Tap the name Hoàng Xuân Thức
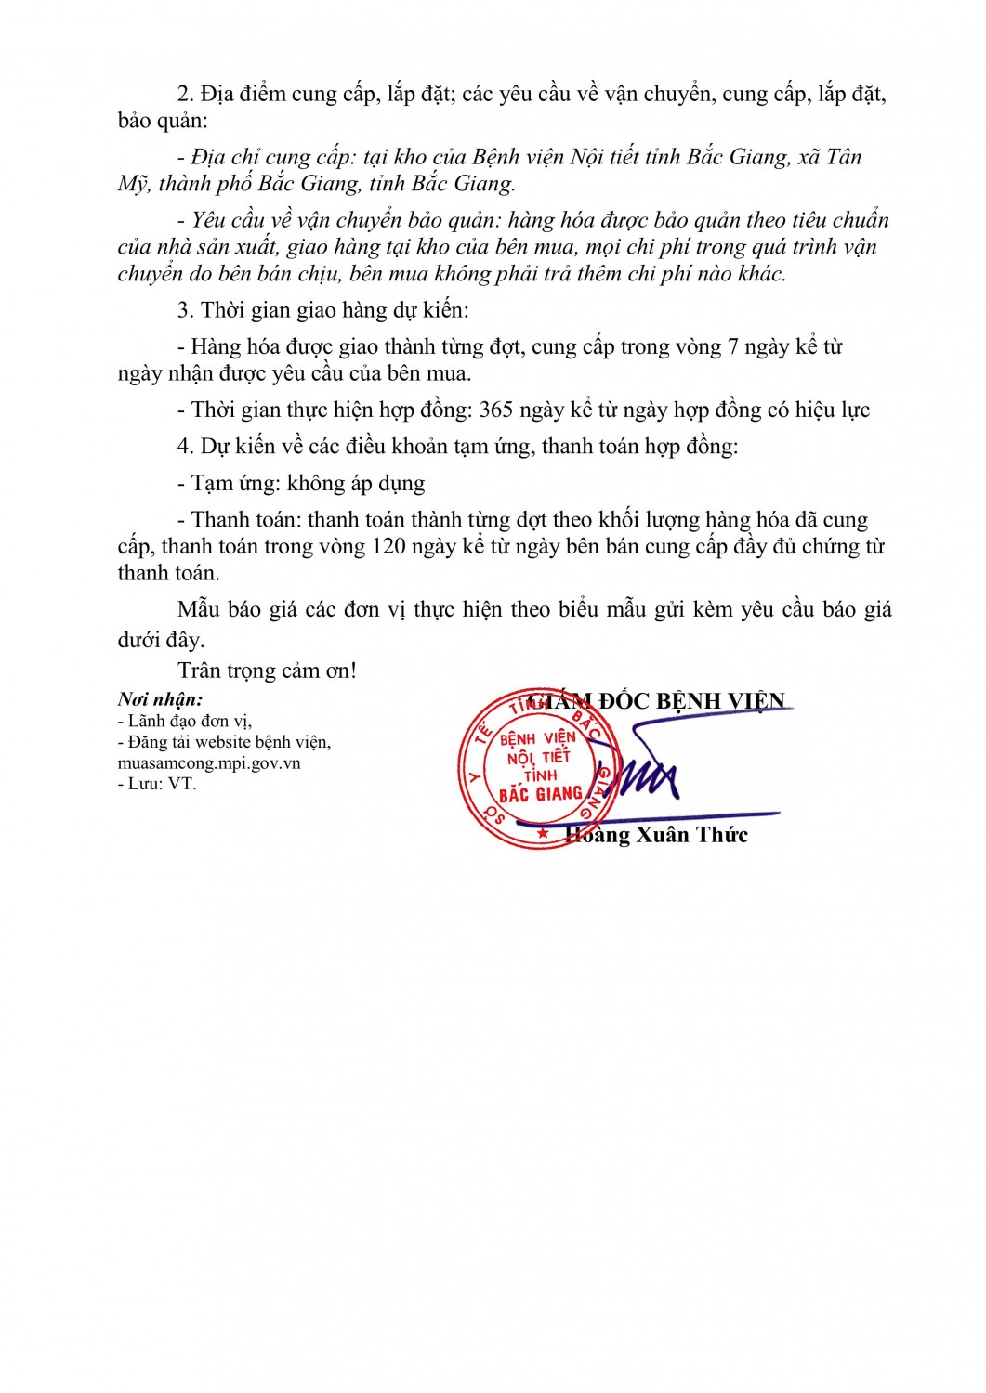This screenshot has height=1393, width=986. click(657, 835)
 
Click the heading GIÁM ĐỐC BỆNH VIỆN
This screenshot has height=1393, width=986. click(656, 701)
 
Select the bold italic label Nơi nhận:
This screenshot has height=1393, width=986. click(160, 699)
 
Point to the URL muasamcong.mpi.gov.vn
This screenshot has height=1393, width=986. click(209, 763)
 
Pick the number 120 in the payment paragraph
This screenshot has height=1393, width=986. click(388, 546)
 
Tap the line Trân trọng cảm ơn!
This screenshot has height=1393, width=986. click(267, 670)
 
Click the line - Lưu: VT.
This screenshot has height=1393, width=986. click(157, 784)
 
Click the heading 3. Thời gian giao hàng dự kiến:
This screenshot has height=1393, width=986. click(323, 310)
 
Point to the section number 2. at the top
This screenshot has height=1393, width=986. click(185, 94)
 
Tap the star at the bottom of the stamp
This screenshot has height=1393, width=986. click(543, 833)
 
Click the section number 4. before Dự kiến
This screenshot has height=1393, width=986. click(185, 447)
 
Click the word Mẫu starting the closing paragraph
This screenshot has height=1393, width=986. click(198, 609)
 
